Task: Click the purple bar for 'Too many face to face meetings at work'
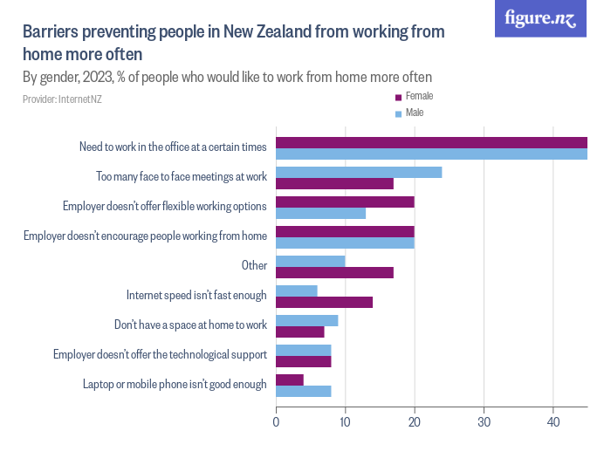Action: [x=334, y=183]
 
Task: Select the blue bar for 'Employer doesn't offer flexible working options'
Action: [x=320, y=213]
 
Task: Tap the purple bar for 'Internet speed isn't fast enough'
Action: [x=324, y=302]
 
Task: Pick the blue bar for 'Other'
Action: [x=310, y=261]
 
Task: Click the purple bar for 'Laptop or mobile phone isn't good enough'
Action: [x=290, y=379]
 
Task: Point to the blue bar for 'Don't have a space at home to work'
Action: [x=306, y=320]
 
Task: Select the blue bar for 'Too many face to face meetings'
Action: [x=359, y=172]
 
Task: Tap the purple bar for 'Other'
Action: [x=334, y=272]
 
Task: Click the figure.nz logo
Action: [x=540, y=18]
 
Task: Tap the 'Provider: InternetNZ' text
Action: [x=62, y=99]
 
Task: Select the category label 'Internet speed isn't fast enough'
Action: [x=196, y=296]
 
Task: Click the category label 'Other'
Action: [x=254, y=266]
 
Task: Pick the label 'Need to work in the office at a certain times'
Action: [x=173, y=147]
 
